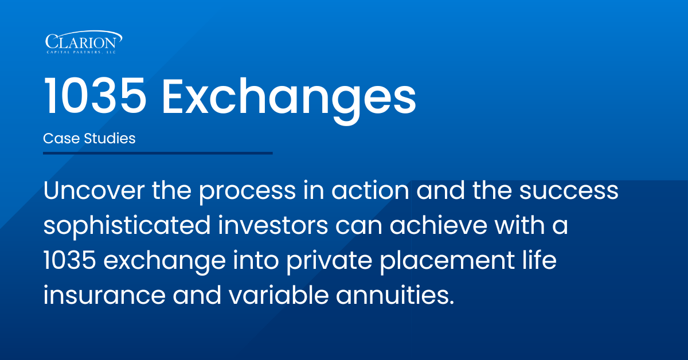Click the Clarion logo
(x=84, y=42)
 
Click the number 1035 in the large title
(x=95, y=96)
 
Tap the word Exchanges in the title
(x=289, y=100)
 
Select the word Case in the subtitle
(x=61, y=138)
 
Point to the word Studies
(x=110, y=138)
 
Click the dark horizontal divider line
(x=158, y=153)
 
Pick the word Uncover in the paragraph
(x=93, y=191)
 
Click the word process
(x=247, y=192)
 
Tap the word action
(x=370, y=190)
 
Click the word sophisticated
(x=127, y=226)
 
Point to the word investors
(x=273, y=225)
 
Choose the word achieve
(x=439, y=225)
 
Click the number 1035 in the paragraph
(x=70, y=260)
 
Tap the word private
(x=329, y=261)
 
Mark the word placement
(x=447, y=261)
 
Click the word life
(x=540, y=260)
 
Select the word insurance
(x=104, y=295)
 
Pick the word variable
(x=279, y=295)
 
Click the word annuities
(x=395, y=295)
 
